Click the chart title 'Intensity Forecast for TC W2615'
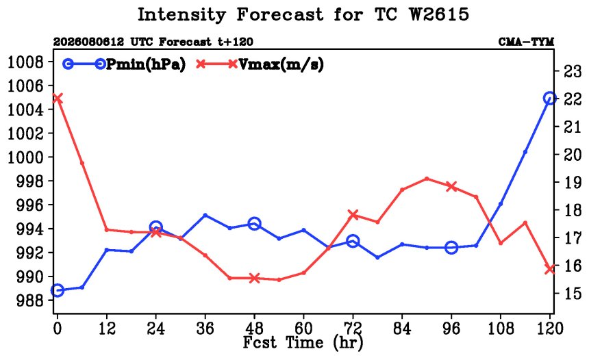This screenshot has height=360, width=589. coord(303,14)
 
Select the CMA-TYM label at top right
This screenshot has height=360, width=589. coord(526,42)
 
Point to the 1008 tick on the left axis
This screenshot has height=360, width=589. coord(26,62)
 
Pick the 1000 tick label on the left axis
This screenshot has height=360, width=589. coord(26,157)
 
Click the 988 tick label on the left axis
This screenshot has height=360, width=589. coord(30,300)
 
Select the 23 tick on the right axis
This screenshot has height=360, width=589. coord(573,71)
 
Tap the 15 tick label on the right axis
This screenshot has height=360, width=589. coord(573,293)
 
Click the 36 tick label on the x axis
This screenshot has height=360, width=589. coord(205,329)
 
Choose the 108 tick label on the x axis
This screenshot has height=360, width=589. coord(501,329)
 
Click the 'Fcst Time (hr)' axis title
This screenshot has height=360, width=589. coord(303,342)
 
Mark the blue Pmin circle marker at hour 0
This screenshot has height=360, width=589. coord(57,290)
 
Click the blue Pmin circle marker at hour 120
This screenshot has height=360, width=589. coord(549,99)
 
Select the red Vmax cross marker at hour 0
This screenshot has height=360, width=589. coord(57,99)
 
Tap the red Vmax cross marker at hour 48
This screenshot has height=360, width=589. coord(255,278)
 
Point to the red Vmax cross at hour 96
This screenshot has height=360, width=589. coord(451,187)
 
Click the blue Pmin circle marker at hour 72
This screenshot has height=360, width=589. coord(353,241)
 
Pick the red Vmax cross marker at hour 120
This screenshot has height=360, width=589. coord(549,269)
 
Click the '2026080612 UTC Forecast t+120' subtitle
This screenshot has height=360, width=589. coord(153,42)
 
